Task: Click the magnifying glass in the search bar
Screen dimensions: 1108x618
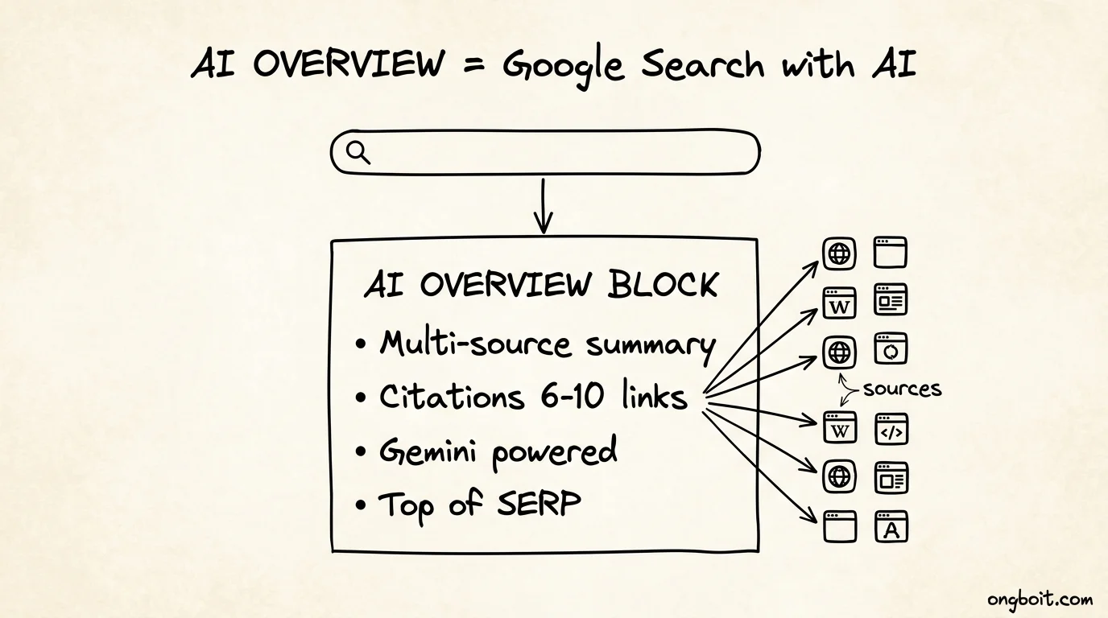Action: click(x=358, y=152)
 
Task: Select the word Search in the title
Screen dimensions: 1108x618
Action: click(x=702, y=64)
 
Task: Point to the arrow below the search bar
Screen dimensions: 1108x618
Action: click(x=543, y=206)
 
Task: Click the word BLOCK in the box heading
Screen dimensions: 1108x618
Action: click(x=663, y=284)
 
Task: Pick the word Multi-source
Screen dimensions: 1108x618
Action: click(x=475, y=343)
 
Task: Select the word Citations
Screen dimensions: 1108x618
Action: click(x=451, y=396)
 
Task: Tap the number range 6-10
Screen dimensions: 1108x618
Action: click(x=572, y=396)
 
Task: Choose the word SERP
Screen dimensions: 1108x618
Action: click(x=539, y=503)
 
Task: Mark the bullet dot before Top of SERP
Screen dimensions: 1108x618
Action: click(x=361, y=505)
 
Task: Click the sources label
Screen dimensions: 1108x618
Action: click(x=902, y=389)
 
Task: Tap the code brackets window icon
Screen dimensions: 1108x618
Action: click(x=891, y=429)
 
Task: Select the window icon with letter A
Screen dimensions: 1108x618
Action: click(x=891, y=526)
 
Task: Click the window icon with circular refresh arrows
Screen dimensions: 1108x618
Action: click(x=891, y=348)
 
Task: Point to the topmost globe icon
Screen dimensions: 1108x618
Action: click(x=839, y=253)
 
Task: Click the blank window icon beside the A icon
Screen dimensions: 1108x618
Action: click(x=840, y=526)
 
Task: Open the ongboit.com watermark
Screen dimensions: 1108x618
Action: click(x=1040, y=599)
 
